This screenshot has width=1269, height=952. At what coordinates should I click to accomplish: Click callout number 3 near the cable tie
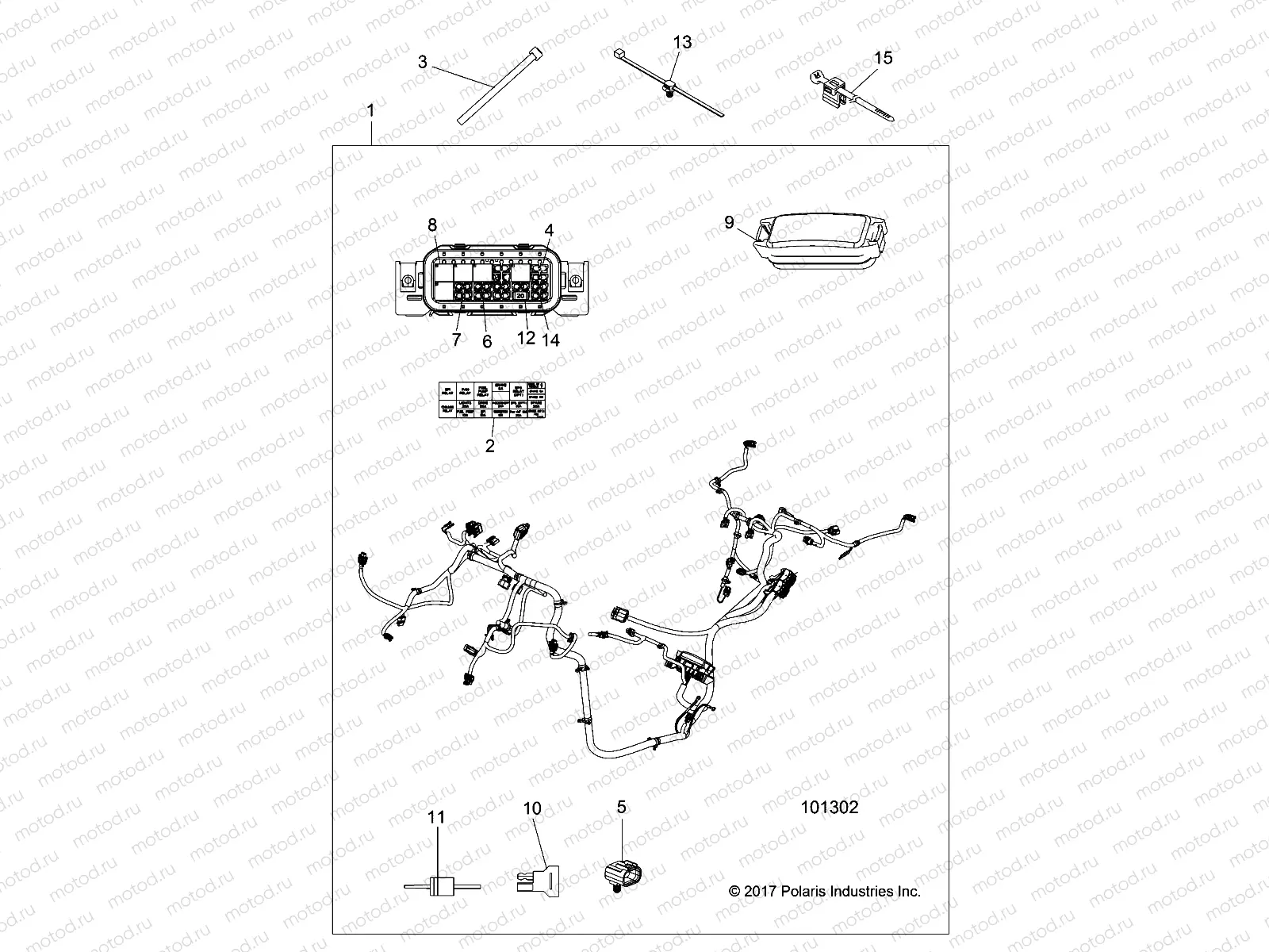(423, 62)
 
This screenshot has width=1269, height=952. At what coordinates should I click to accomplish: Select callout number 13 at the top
(682, 42)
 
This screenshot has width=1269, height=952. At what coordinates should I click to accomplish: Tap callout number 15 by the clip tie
(883, 58)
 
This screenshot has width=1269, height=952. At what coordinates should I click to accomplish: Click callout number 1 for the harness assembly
(370, 110)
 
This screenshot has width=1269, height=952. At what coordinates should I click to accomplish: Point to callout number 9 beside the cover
(730, 223)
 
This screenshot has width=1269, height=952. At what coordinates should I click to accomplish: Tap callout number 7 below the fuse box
(456, 340)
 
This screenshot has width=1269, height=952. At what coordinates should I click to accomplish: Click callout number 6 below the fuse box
(487, 342)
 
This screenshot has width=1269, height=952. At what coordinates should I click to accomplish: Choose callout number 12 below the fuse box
(525, 338)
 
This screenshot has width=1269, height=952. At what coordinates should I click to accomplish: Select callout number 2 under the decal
(490, 446)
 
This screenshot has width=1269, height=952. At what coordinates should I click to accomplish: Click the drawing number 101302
(830, 808)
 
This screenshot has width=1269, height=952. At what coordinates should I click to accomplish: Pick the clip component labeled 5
(623, 873)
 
